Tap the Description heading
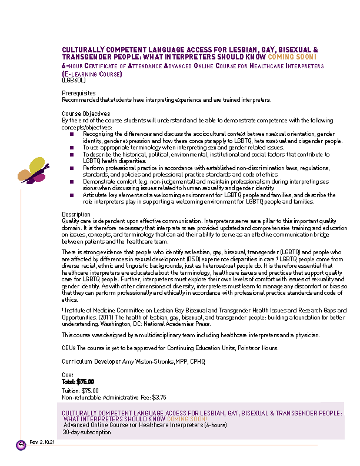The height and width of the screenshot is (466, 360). point(76,214)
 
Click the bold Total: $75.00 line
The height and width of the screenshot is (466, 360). point(78,381)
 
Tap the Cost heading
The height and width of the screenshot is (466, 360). point(68,375)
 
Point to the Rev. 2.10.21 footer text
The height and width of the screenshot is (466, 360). point(42,441)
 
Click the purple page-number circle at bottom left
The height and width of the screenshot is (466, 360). point(21,444)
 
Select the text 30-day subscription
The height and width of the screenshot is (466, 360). point(87,432)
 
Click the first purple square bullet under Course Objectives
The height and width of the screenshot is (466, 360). point(72,134)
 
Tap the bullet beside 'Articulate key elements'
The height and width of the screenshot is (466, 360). point(72,195)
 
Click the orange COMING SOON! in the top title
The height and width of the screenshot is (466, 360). point(292,57)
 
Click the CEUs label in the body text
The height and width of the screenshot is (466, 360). point(69,348)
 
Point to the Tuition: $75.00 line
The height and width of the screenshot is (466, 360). point(81,391)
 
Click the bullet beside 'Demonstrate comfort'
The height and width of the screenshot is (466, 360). point(72,183)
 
